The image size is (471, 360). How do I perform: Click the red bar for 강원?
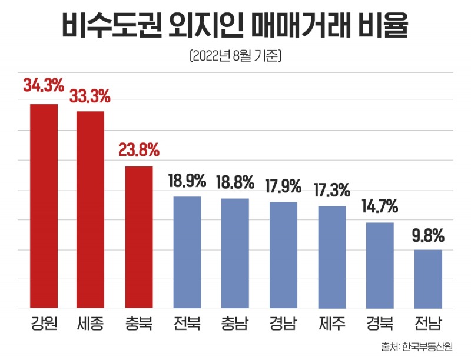click(44, 206)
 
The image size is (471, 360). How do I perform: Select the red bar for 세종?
click(91, 209)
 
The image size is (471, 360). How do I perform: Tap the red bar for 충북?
click(139, 237)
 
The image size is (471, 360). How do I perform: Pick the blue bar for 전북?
click(187, 252)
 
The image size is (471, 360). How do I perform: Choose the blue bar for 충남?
click(235, 253)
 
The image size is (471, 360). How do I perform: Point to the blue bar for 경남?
click(284, 255)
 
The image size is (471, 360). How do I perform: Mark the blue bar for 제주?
click(332, 256)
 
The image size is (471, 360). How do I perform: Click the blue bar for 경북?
click(380, 265)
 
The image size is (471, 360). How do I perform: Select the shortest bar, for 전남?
click(428, 278)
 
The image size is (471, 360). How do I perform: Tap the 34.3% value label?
click(44, 86)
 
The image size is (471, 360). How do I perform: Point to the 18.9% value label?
click(187, 180)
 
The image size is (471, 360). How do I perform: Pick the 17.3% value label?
click(332, 190)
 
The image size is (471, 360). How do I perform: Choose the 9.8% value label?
click(428, 235)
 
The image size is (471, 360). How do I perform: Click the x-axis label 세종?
click(91, 323)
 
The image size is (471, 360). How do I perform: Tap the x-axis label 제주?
click(332, 323)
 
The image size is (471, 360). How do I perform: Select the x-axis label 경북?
click(380, 323)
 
